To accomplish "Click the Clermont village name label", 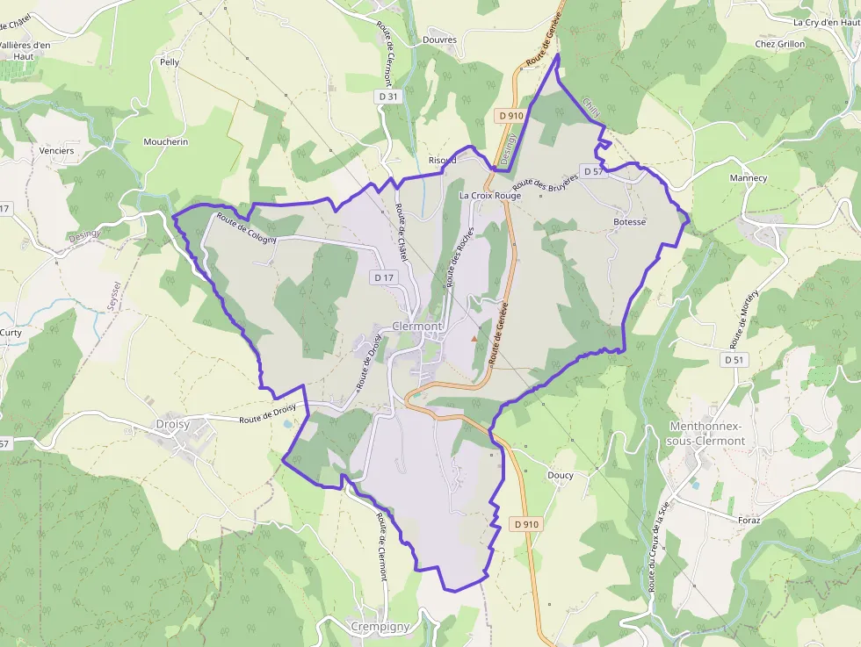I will coord(418,326).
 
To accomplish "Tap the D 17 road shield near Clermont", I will coord(384,277).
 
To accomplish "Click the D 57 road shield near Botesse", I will coord(593,171).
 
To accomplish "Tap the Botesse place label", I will coord(629,222).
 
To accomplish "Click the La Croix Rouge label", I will coord(489,196).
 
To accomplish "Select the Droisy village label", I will coord(173,424).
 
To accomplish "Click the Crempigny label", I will coord(380,627).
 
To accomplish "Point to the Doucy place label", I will coord(560,476).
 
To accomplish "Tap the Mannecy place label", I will coord(748,178).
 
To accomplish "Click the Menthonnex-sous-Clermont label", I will coord(706,434).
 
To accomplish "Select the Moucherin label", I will coord(165,141).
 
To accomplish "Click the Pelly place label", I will coord(170,62).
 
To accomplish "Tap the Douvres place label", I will coord(439,40).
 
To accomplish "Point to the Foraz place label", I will coord(749,520).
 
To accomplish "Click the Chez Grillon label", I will coord(779,44).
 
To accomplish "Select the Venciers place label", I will coord(57,150).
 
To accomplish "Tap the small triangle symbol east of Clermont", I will coord(475,336).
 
